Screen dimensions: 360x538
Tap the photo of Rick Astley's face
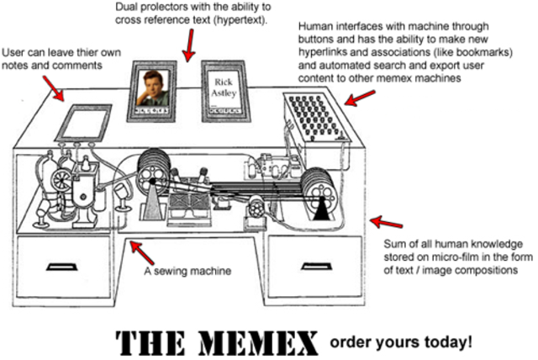[x=153, y=87]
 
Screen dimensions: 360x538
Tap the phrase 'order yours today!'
[x=402, y=342]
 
